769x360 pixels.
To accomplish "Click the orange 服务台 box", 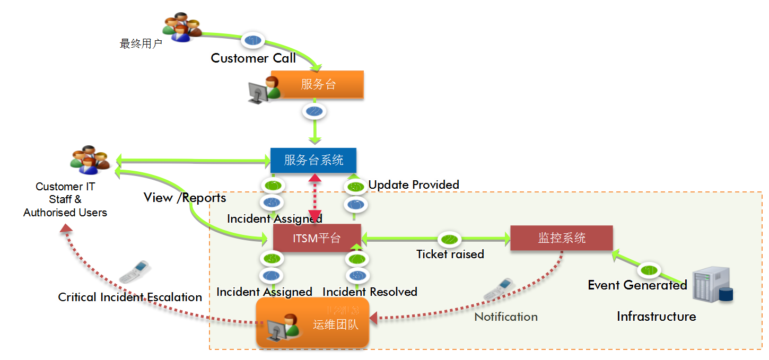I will (317, 84).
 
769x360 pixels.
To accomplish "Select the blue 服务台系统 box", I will (313, 160).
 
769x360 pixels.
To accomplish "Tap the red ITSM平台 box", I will (317, 238).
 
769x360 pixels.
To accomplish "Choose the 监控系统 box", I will (561, 238).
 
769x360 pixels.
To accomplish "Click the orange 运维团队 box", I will (312, 323).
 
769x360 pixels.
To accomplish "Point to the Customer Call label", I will (253, 58).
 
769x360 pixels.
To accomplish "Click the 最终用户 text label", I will (141, 44).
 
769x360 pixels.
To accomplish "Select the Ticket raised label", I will (450, 254).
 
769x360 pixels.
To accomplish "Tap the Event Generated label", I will (637, 285).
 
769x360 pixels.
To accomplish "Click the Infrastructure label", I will (656, 317).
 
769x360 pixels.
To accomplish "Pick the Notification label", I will (506, 317).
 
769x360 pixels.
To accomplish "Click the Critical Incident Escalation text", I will (130, 297).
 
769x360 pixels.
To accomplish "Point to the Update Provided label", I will (414, 185).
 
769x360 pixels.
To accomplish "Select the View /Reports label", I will (185, 198).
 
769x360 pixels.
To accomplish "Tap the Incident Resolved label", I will (370, 292).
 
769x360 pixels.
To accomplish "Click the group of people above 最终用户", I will (181, 27).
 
